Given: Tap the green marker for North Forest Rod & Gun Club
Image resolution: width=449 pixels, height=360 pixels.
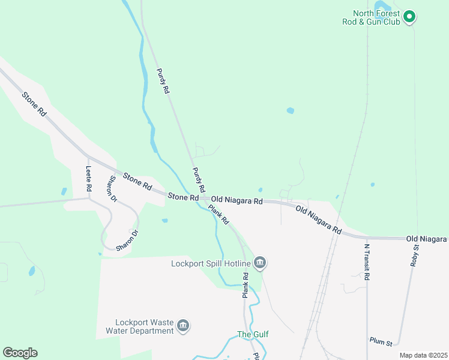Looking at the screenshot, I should [x=409, y=16].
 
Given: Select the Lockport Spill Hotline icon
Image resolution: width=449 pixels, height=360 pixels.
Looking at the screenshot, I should [x=260, y=262].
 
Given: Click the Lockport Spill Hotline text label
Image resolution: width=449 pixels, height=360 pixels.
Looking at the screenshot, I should [x=210, y=263].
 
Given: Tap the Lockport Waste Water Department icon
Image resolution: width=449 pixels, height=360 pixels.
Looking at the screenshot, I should [x=183, y=326].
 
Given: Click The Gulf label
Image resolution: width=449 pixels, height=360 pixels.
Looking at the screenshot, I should [x=253, y=334].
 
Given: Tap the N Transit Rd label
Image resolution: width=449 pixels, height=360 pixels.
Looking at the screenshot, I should [x=367, y=258].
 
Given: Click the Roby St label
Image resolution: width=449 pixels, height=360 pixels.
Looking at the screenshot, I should [x=414, y=254].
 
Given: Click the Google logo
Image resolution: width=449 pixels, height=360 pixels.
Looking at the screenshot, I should [x=20, y=353].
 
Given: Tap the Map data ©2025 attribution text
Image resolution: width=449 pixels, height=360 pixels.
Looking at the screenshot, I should [x=423, y=355].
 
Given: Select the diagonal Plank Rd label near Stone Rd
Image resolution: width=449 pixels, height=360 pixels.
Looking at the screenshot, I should [x=218, y=214].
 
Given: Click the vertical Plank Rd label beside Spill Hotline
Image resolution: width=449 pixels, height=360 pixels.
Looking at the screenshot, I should [x=246, y=285].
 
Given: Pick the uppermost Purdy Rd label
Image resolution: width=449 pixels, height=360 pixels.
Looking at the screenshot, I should [x=163, y=81].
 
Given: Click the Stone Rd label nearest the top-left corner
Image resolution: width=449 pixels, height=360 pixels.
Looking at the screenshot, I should [x=34, y=104].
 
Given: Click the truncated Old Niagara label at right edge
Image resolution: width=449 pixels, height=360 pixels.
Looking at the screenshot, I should [x=427, y=239].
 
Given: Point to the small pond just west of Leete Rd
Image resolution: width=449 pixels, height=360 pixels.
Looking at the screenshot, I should [x=64, y=192].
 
